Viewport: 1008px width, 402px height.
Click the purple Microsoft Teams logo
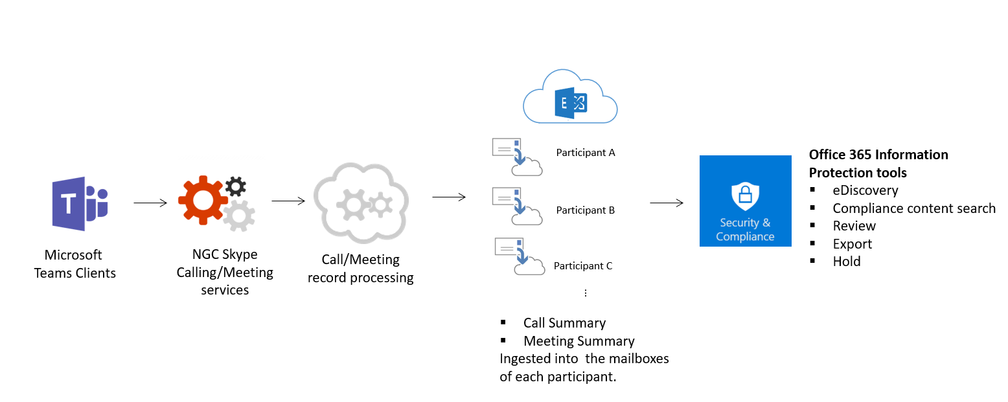(x=80, y=203)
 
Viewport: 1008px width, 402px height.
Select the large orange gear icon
(x=203, y=200)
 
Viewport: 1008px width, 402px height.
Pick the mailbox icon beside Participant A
(x=516, y=157)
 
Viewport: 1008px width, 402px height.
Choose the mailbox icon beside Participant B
(x=516, y=206)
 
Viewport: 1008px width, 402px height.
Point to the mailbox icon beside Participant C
(x=518, y=256)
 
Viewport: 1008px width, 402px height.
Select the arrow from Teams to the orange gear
(x=151, y=203)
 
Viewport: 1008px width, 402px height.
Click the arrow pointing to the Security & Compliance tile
(x=667, y=203)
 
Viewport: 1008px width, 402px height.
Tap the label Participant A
(x=585, y=153)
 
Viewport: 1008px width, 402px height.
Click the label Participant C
(x=582, y=266)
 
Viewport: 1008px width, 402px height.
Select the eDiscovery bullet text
(x=865, y=190)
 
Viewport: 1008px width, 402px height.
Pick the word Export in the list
(x=852, y=244)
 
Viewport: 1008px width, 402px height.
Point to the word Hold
(x=847, y=262)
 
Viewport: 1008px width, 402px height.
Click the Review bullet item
(x=854, y=226)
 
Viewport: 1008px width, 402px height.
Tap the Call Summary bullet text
(x=564, y=323)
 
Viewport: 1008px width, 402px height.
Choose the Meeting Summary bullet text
(x=578, y=341)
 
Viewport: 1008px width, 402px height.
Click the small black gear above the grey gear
(x=235, y=187)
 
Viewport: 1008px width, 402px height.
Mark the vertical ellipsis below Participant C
(x=585, y=293)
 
